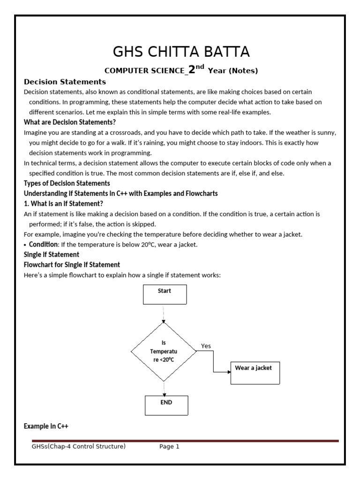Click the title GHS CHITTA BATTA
click(x=180, y=51)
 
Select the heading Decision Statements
click(x=65, y=82)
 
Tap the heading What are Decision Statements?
click(x=70, y=122)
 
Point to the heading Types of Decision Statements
click(x=67, y=183)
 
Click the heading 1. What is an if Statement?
click(x=63, y=203)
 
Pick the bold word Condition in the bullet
click(x=43, y=244)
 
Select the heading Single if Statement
click(x=52, y=254)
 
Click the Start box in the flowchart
click(x=165, y=294)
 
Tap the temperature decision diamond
click(x=164, y=352)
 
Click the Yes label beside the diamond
click(x=206, y=346)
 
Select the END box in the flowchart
click(x=166, y=405)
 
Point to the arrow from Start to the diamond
click(x=164, y=313)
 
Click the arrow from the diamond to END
click(x=164, y=388)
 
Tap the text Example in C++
click(x=46, y=426)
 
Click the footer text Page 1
click(x=169, y=447)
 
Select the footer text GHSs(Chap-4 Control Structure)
click(x=78, y=447)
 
